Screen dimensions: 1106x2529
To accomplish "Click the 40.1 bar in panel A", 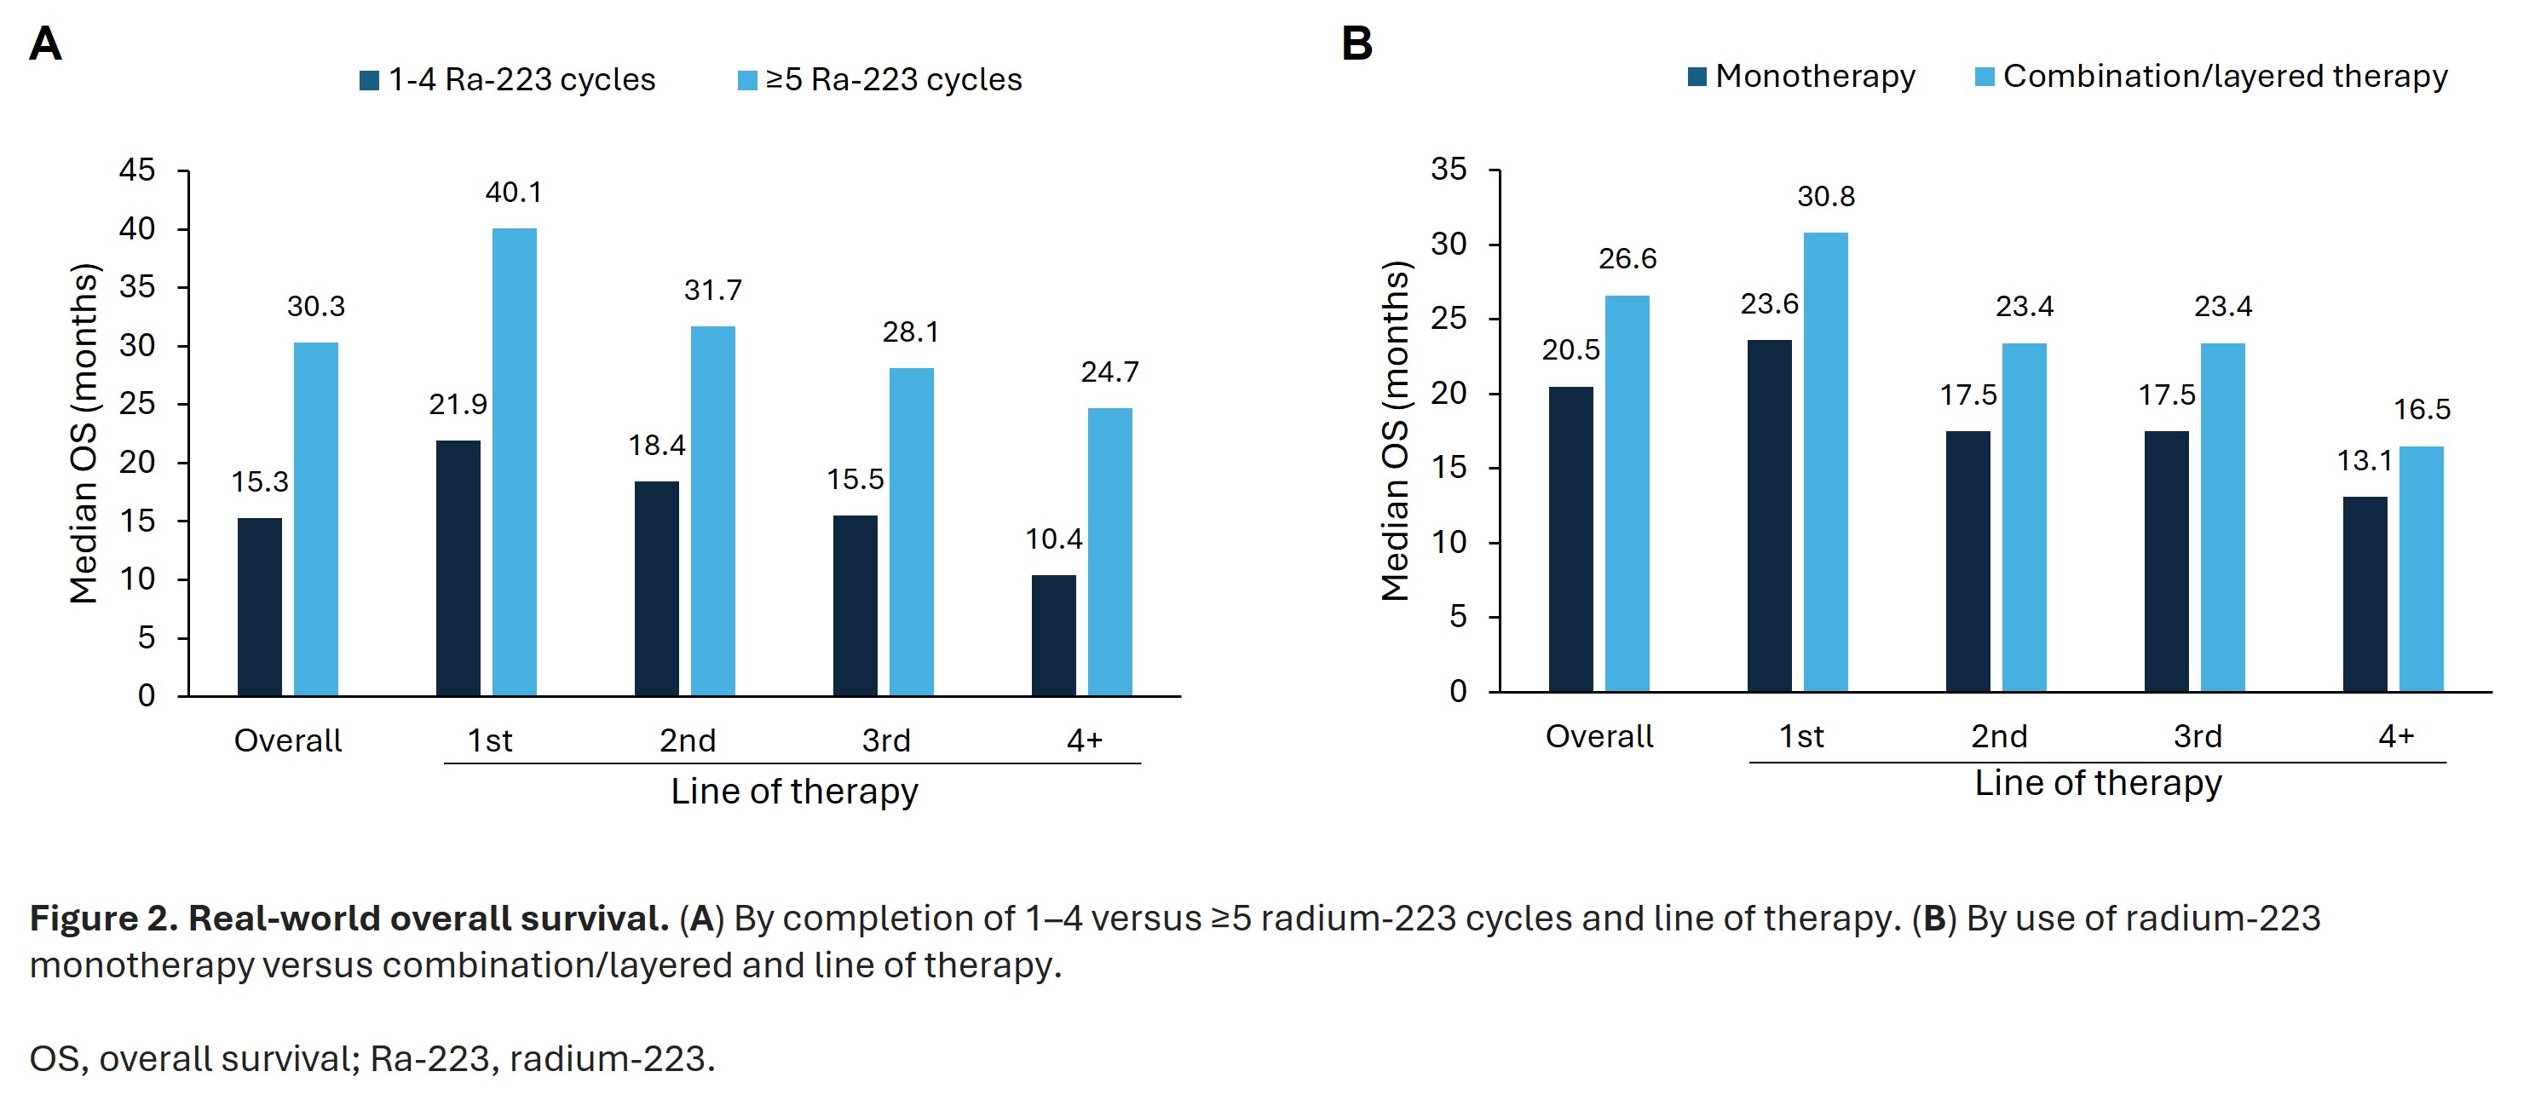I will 514,461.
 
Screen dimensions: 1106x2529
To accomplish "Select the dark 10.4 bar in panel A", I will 1053,635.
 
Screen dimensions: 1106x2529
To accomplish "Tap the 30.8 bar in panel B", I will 1825,461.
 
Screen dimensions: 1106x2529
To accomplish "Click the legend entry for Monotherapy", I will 1800,77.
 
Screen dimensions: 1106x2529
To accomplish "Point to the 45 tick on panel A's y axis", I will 137,170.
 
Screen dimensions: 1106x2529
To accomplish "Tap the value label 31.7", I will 712,290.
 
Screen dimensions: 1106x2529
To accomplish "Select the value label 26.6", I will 1627,258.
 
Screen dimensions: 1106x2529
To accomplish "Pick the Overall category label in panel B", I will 1599,736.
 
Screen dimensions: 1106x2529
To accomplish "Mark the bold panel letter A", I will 45,44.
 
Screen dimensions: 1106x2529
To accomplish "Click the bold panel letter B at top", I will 1357,44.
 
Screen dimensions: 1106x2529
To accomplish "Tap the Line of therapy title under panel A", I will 794,791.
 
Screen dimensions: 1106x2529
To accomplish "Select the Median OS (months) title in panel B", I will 1395,431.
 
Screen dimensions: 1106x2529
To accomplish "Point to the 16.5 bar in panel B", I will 2420,569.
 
